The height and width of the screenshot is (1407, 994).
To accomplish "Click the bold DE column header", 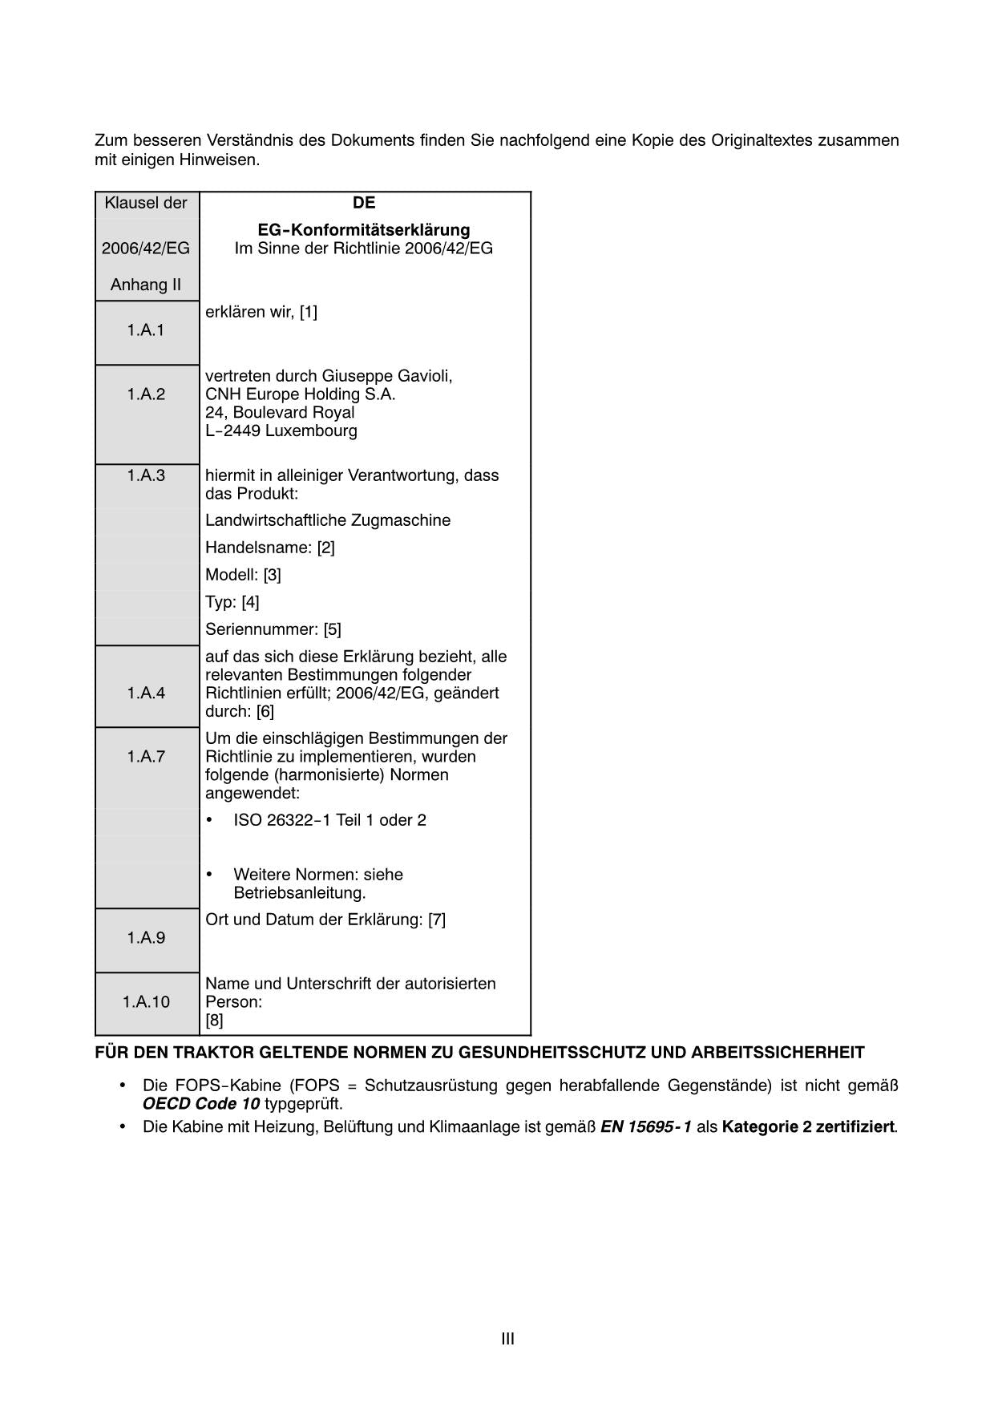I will click(364, 203).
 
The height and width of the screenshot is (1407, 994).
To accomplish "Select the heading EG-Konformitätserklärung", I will click(364, 230).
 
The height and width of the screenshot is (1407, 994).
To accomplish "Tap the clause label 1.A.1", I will click(146, 330).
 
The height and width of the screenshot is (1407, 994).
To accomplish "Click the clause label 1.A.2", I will click(146, 394).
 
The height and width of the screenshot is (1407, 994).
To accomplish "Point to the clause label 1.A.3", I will click(146, 475).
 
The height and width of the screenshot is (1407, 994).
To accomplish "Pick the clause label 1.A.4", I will click(146, 693).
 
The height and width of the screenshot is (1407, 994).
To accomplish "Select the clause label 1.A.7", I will click(146, 756).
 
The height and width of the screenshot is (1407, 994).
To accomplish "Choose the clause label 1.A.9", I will click(146, 937).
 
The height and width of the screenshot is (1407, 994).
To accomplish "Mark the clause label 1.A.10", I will click(146, 1001).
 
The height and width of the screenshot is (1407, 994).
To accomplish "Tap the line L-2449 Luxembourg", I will click(281, 431).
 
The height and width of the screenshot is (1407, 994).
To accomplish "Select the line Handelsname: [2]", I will click(270, 548).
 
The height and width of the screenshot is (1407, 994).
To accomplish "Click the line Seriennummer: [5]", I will click(273, 629).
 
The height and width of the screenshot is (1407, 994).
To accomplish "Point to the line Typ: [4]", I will click(232, 602).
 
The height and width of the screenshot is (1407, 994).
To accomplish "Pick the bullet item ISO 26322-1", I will click(329, 820).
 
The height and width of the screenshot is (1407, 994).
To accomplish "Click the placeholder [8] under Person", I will click(214, 1020).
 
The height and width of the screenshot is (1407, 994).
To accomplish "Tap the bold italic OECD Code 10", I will click(201, 1104).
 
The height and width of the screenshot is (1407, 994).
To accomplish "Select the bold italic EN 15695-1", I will click(645, 1126).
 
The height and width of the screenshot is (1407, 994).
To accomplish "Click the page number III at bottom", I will click(507, 1338).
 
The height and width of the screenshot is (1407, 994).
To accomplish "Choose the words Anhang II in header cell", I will click(146, 285).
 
